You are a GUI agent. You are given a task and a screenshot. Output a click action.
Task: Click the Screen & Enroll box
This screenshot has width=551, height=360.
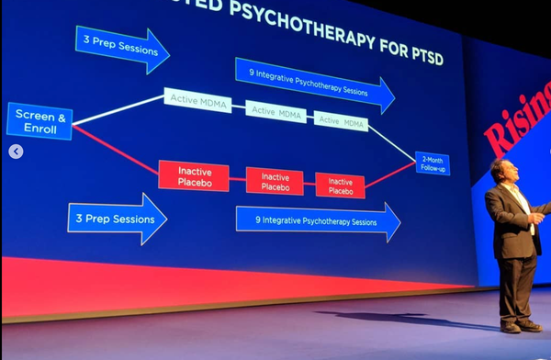coord(39,121)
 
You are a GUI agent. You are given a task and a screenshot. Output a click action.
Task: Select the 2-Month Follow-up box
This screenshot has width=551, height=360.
coord(432,163)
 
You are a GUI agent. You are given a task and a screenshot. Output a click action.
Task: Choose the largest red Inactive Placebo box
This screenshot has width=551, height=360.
coord(193,175)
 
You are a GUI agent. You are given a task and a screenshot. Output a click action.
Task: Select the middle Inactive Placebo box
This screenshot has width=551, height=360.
coord(274,181)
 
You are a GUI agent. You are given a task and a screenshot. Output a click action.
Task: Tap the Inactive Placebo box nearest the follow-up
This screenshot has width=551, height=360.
coord(340,185)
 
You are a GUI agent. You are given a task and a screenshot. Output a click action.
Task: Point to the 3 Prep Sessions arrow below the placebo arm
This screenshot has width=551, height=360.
coord(117,219)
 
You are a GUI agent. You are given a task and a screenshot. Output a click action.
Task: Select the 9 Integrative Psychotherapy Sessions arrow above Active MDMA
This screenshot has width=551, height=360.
coord(312,84)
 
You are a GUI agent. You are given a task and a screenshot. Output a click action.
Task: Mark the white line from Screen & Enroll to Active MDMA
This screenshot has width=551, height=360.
coord(119,107)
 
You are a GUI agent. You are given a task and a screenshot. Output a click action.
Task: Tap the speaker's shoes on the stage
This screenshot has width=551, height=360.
coord(520,326)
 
